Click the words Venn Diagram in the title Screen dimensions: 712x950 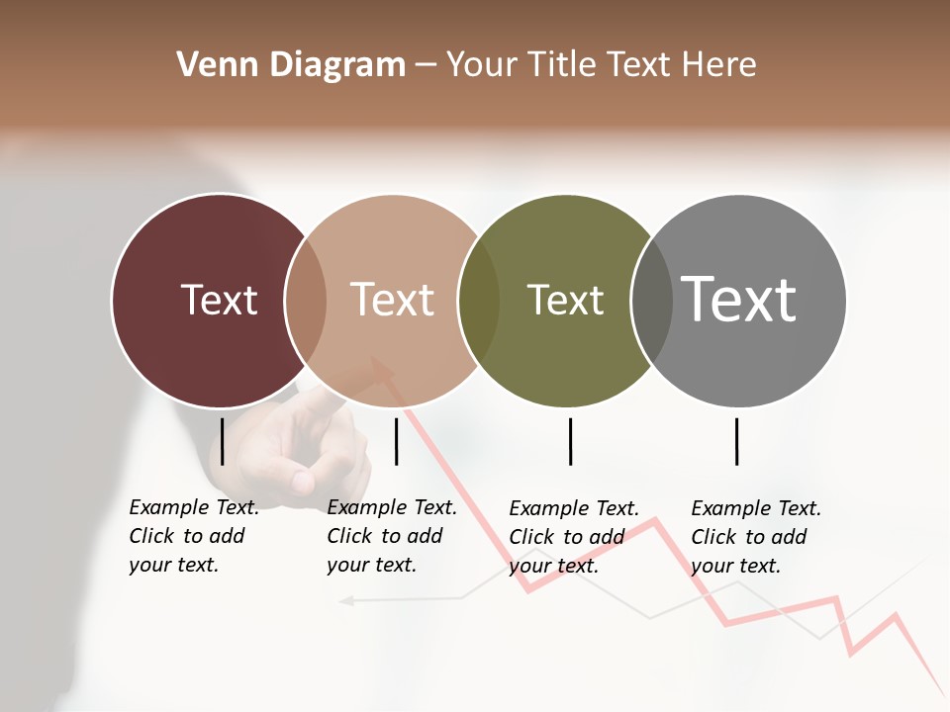pos(291,65)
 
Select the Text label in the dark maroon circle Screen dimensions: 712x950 pos(219,300)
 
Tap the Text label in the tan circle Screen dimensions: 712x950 pos(393,300)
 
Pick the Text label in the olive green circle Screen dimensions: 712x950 pos(565,300)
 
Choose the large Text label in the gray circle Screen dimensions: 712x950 pos(739,299)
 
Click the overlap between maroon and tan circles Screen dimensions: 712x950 pos(306,301)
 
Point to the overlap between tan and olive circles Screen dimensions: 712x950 pos(479,301)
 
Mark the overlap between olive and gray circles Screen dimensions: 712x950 pos(652,301)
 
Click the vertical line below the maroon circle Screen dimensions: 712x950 pos(223,441)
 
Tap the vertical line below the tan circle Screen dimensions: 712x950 pos(396,441)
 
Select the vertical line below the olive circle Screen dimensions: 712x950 pos(570,441)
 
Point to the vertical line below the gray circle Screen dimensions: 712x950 pos(736,441)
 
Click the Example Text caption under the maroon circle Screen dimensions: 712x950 pos(194,536)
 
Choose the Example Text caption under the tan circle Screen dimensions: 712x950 pos(392,536)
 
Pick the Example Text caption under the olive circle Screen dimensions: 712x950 pos(574,537)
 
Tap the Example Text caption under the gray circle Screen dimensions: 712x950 pos(756,537)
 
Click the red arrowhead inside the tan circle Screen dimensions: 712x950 pos(383,367)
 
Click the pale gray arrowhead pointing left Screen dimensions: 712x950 pos(345,599)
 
